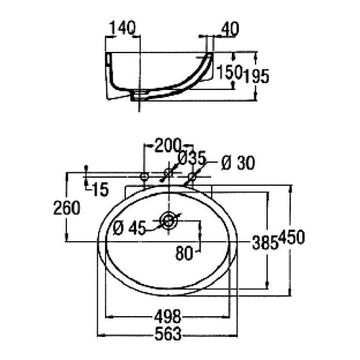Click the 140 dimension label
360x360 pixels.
[x=122, y=28]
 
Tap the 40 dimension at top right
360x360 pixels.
[x=230, y=29]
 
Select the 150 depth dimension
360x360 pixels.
[x=229, y=72]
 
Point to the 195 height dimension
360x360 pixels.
[x=256, y=76]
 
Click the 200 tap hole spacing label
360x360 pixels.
[x=167, y=145]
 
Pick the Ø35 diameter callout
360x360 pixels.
[x=193, y=158]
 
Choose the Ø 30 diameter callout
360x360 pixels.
[x=238, y=163]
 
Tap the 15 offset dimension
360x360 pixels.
[x=100, y=189]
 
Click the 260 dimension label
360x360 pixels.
[x=67, y=208]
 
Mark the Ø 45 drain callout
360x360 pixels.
[x=130, y=228]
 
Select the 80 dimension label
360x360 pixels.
[x=184, y=253]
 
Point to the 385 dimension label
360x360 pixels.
[x=265, y=243]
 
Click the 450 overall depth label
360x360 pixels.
[x=292, y=238]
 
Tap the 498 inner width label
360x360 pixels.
[x=167, y=317]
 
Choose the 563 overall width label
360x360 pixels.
[x=168, y=334]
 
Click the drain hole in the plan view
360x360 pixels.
[x=169, y=220]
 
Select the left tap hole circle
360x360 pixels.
[x=144, y=177]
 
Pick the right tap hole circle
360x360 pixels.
[x=192, y=177]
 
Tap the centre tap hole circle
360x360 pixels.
[x=168, y=173]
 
